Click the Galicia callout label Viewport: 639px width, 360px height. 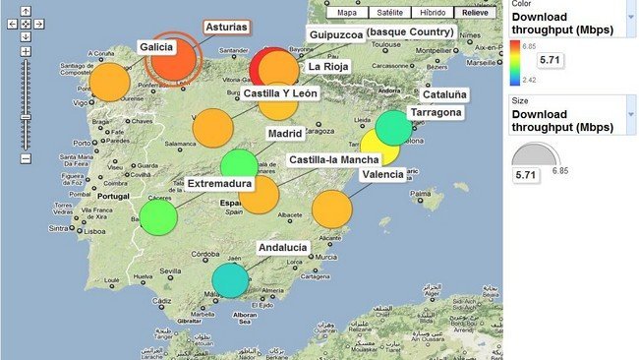pyautogui.click(x=156, y=46)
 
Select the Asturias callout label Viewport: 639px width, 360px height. pyautogui.click(x=226, y=28)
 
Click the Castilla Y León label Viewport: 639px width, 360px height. pyautogui.click(x=280, y=92)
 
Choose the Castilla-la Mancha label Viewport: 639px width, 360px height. pyautogui.click(x=334, y=158)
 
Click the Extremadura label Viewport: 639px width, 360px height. pyautogui.click(x=219, y=183)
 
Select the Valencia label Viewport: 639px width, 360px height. pyautogui.click(x=381, y=174)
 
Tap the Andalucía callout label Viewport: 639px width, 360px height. pyautogui.click(x=282, y=248)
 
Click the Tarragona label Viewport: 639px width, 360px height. pyautogui.click(x=436, y=112)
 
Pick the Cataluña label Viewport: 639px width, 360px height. pyautogui.click(x=445, y=94)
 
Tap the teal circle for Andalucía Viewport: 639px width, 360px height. pyautogui.click(x=230, y=280)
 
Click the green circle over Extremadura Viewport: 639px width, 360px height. pyautogui.click(x=158, y=215)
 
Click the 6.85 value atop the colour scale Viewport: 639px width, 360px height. pyautogui.click(x=528, y=46)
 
